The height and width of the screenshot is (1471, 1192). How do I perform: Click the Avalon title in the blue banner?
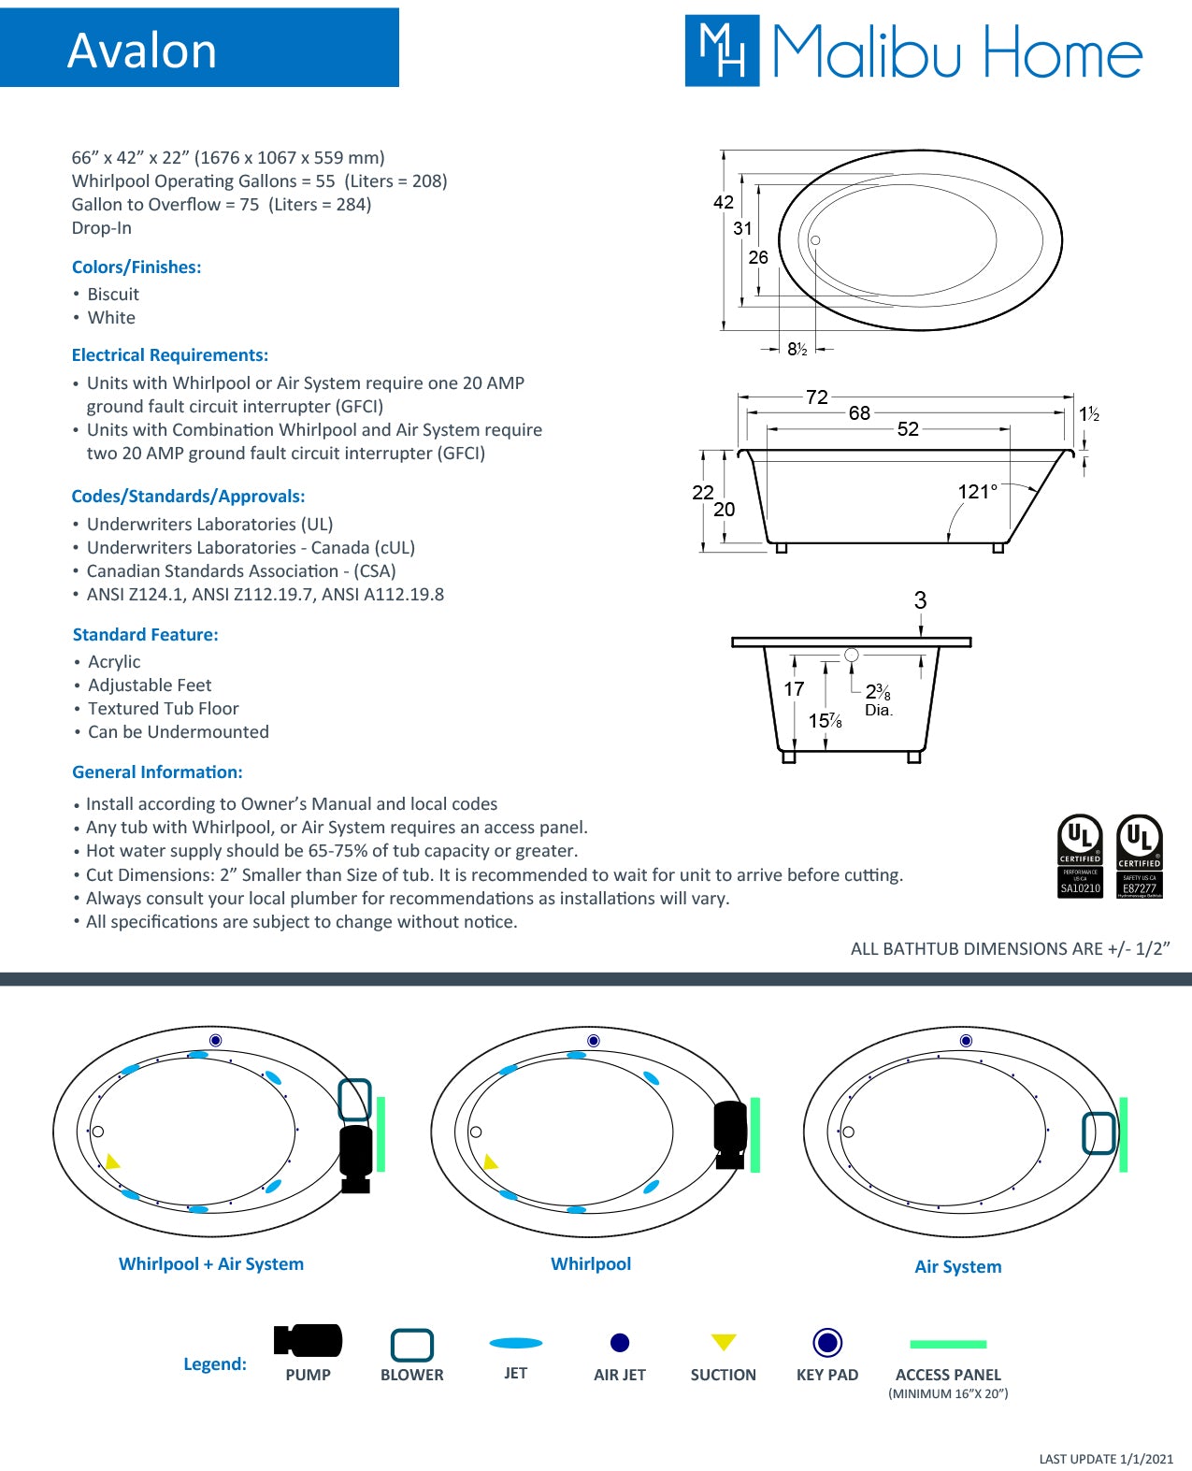pos(142,50)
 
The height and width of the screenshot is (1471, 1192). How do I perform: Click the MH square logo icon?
pos(722,50)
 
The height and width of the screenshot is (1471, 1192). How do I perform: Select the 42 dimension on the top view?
pos(723,202)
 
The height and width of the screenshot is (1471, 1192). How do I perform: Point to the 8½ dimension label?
pos(797,349)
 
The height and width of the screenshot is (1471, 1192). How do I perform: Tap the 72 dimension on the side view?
pos(816,397)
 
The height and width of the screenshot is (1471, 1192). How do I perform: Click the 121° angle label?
pos(977,492)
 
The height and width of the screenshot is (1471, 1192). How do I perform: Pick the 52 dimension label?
pos(908,429)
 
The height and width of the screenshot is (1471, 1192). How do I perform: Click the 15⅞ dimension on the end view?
pos(825,721)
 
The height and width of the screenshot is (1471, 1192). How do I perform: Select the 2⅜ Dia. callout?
pos(878,699)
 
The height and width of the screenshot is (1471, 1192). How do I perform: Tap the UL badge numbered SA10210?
pos(1080,856)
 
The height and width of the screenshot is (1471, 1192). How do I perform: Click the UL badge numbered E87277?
pos(1140,856)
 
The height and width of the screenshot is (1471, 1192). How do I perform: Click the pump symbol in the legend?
pos(308,1341)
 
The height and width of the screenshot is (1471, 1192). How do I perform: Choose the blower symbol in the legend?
pos(411,1345)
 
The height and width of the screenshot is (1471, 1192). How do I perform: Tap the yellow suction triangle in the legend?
pos(724,1342)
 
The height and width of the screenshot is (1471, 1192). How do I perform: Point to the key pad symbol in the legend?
pos(827,1343)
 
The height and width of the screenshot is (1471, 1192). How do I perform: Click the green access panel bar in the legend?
pos(948,1344)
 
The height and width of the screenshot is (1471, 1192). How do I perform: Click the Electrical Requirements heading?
pos(170,355)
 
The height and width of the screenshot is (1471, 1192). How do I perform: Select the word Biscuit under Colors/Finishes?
pos(113,295)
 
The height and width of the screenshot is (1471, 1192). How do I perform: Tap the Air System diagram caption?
pos(957,1266)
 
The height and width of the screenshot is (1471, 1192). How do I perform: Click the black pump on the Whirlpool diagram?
pos(730,1133)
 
